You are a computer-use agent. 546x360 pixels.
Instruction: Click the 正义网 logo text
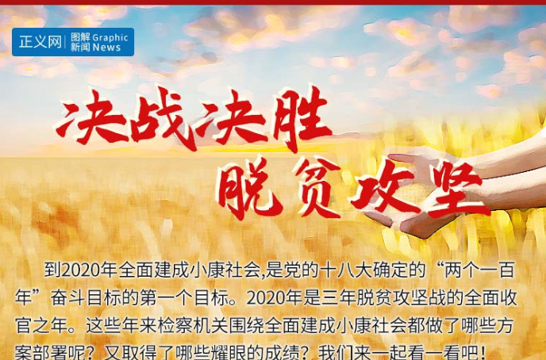tap(40, 42)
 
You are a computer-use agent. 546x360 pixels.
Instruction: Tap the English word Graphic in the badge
tap(110, 37)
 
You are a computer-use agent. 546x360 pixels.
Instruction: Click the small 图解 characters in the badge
tap(79, 37)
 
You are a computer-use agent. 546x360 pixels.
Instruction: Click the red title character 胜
tap(298, 122)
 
